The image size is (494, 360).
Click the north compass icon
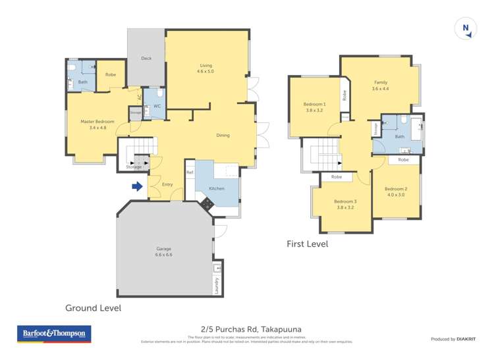click(466, 28)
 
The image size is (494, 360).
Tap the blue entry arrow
click(137, 187)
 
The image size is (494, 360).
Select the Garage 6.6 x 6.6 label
click(164, 251)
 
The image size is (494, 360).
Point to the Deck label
click(146, 59)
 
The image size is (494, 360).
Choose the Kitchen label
click(217, 188)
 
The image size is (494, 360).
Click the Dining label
click(223, 136)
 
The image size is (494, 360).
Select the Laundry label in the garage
click(215, 285)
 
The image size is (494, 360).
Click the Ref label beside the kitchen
click(190, 173)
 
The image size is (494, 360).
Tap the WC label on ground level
click(157, 106)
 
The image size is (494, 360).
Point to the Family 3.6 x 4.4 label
click(381, 86)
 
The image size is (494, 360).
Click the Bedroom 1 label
click(314, 107)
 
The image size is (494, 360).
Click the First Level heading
click(307, 244)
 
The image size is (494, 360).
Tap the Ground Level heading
click(93, 307)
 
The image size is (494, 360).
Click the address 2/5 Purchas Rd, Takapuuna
click(247, 329)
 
